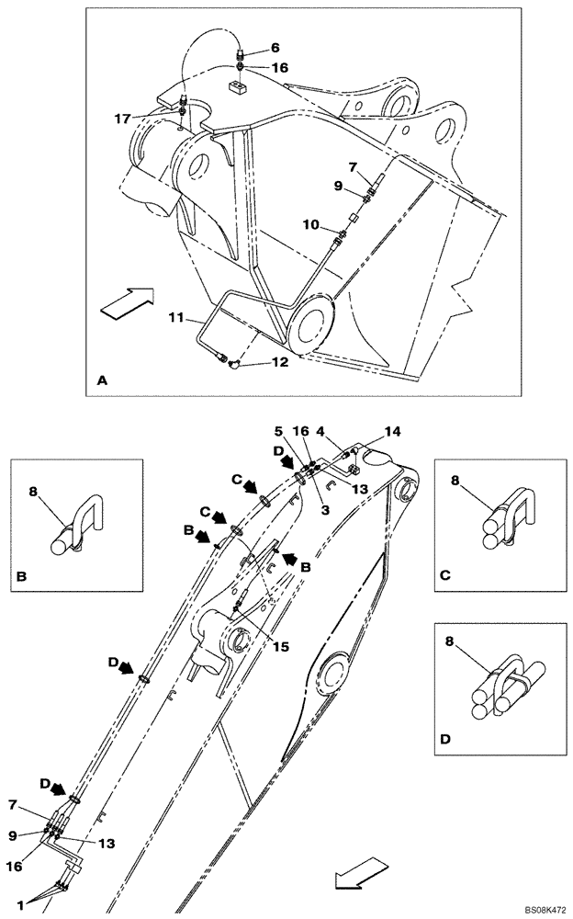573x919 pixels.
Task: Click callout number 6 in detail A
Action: pyautogui.click(x=250, y=47)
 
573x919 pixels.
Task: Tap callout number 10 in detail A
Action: pyautogui.click(x=312, y=223)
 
